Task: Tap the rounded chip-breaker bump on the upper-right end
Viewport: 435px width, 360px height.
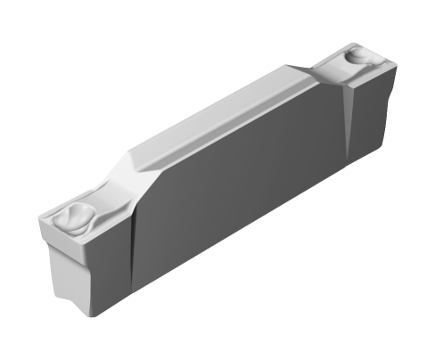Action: (357, 56)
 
